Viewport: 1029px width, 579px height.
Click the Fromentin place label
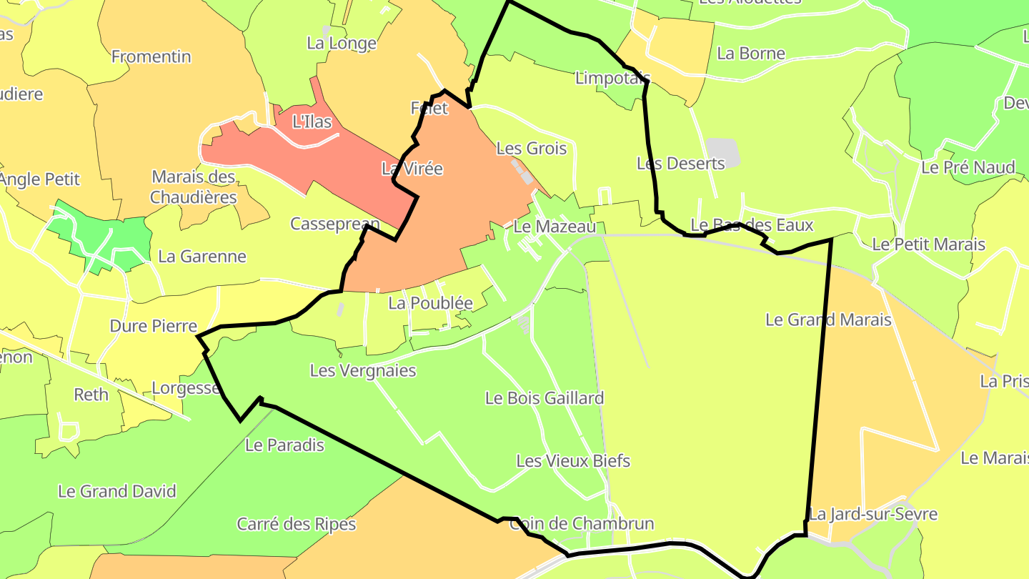coord(151,56)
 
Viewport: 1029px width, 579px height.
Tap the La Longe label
coord(341,44)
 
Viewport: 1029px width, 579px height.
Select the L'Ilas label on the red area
coord(312,122)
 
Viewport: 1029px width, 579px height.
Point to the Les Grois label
coord(531,149)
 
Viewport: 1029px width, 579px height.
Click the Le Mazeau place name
coord(555,227)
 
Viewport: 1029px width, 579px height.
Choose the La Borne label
coord(750,54)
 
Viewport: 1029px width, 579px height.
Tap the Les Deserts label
coord(680,164)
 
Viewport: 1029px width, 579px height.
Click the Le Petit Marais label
coord(928,244)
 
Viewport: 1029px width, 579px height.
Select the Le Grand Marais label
coord(828,320)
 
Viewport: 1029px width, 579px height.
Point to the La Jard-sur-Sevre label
coord(873,514)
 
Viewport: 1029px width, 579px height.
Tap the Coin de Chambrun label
coord(581,524)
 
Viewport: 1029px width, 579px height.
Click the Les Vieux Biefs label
coord(573,461)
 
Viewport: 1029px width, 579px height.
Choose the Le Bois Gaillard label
coord(544,398)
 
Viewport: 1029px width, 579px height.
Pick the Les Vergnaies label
coord(362,370)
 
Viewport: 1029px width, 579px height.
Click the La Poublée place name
coord(430,303)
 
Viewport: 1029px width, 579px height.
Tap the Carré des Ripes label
coord(296,525)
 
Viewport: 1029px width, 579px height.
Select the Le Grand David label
coord(116,492)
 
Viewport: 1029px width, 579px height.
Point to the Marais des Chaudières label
coord(194,187)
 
